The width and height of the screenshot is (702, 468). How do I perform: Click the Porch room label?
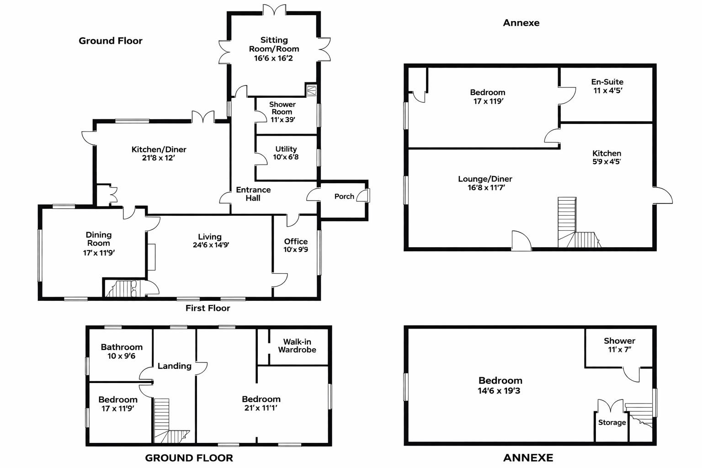[344, 196]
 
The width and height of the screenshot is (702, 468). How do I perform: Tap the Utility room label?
[286, 149]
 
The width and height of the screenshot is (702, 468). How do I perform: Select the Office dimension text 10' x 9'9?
[296, 250]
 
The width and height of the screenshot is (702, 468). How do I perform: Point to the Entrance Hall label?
[253, 194]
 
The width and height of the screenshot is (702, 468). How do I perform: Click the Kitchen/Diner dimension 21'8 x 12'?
[159, 158]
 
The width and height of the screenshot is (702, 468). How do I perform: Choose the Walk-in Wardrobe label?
[297, 346]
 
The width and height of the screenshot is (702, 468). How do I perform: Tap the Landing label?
[175, 366]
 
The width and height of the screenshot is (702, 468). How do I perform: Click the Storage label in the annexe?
[612, 422]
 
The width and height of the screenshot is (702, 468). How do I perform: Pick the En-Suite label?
[607, 82]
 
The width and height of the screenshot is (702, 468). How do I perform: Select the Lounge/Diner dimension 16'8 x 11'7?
[486, 187]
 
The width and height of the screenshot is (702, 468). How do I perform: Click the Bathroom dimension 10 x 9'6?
[122, 356]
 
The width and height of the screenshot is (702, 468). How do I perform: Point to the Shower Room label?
[282, 108]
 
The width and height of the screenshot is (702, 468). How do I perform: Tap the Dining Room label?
[99, 239]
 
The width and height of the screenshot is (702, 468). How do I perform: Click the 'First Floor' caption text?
[207, 308]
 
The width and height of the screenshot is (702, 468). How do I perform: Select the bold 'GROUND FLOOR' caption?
[189, 457]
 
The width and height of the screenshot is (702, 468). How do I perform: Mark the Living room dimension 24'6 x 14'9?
[211, 245]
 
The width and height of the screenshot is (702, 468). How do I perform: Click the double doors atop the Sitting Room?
[275, 10]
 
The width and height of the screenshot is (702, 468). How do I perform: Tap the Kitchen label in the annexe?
[606, 153]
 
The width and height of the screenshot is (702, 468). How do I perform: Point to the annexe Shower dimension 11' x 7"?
[619, 350]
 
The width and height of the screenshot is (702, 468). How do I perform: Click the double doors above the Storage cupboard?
[611, 405]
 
